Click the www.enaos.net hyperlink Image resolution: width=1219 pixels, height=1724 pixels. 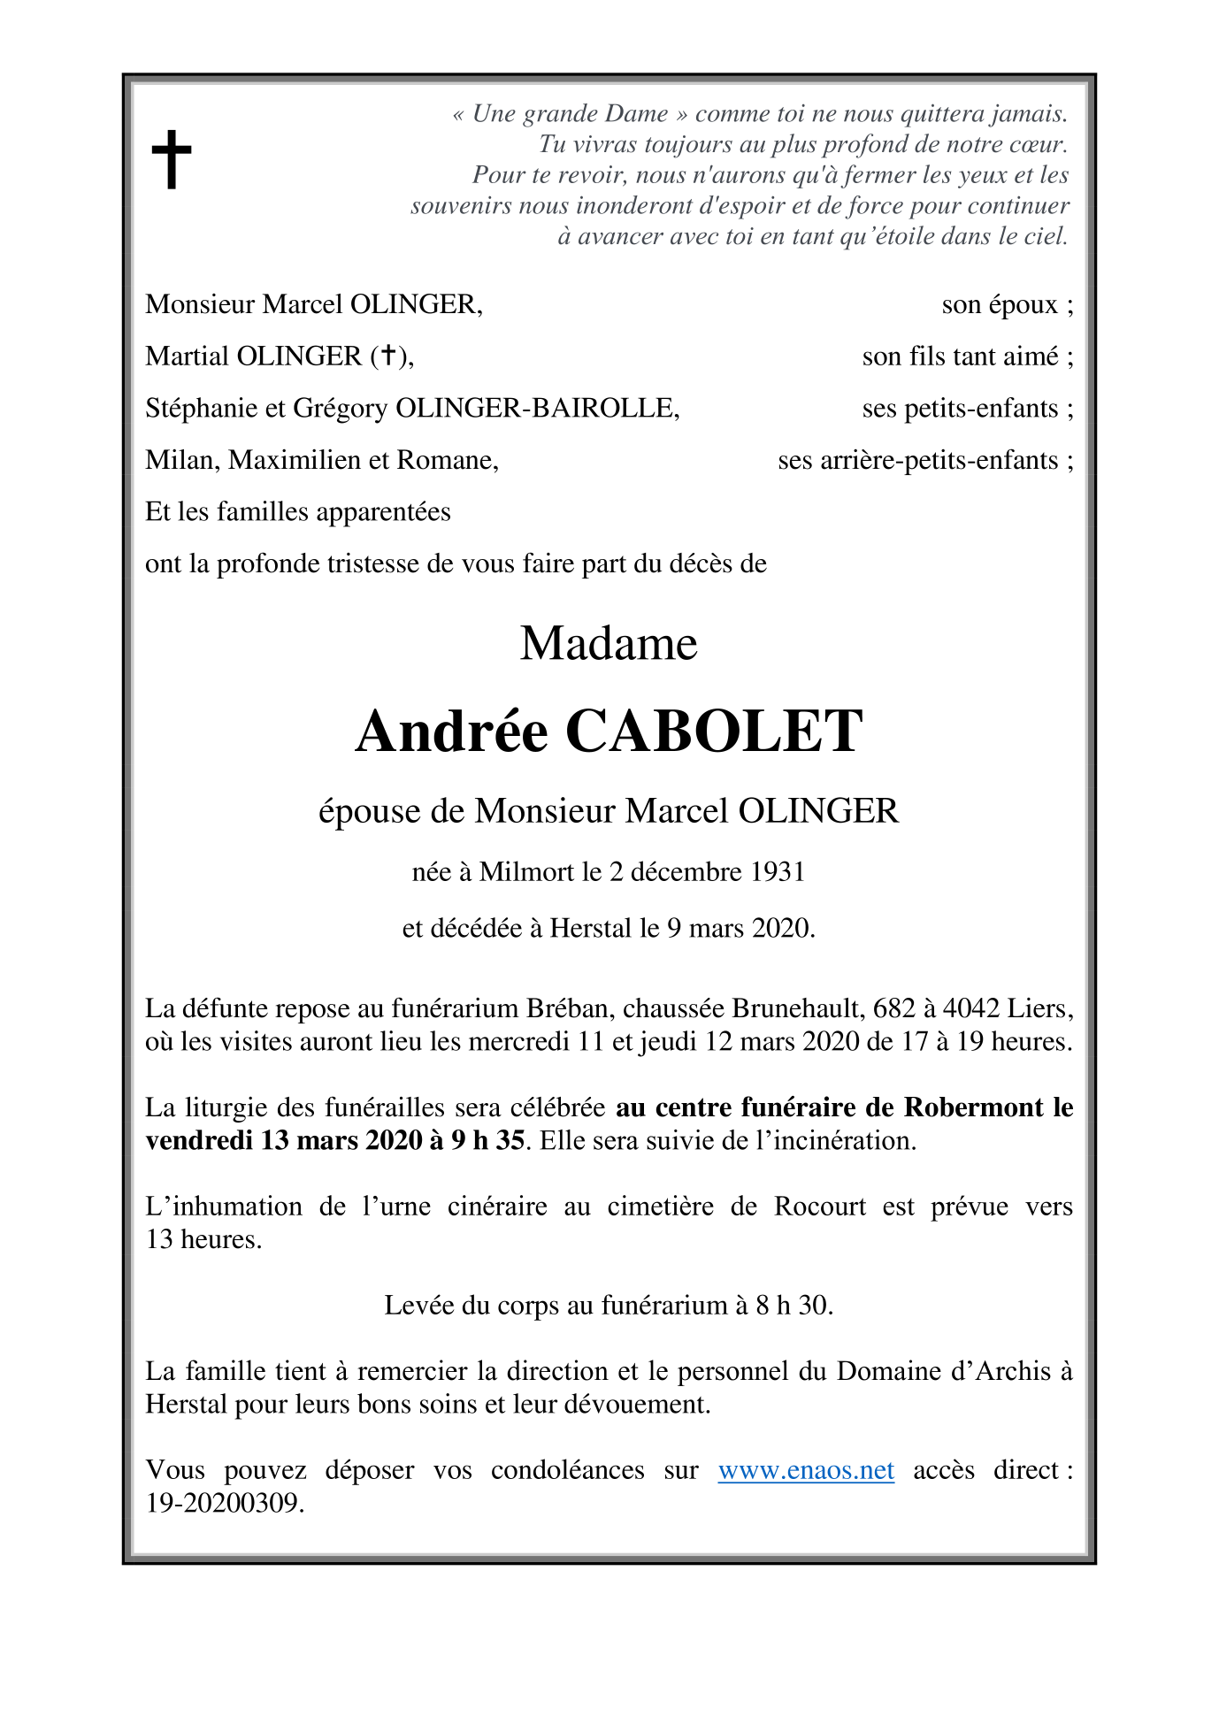(805, 1470)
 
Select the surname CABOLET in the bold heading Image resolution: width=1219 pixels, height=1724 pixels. (713, 732)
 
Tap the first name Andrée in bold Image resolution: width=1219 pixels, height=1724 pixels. (451, 732)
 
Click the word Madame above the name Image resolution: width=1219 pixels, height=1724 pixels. (609, 643)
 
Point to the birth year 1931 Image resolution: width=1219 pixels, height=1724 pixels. (778, 872)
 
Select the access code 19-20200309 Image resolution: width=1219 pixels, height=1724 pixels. (225, 1503)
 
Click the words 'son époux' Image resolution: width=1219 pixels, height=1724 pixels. (1000, 305)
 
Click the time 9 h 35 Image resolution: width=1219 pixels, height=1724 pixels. (487, 1140)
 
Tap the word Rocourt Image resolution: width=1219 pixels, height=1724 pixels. (820, 1207)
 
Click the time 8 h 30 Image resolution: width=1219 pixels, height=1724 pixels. (793, 1306)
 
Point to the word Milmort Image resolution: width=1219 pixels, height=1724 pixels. (527, 872)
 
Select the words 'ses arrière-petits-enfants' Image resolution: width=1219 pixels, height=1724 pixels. (917, 460)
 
